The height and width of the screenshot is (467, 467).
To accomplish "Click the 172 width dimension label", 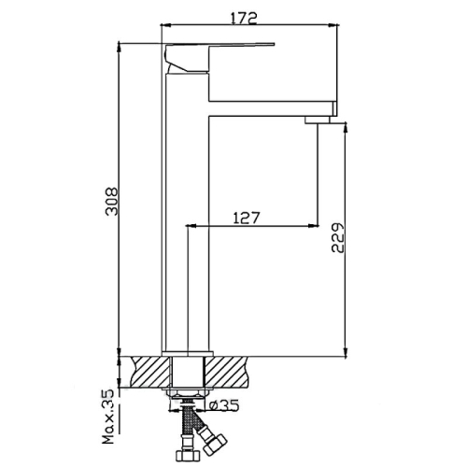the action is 244,18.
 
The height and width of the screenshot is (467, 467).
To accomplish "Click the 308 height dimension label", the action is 112,201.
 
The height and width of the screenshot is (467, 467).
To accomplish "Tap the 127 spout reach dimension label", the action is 246,218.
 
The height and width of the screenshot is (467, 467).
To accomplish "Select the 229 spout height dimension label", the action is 338,237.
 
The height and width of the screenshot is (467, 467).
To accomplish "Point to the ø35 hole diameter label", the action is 224,405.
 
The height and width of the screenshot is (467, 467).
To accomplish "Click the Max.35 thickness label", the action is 108,417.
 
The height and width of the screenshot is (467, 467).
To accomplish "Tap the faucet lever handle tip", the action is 274,44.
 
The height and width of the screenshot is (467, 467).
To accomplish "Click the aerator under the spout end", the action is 318,120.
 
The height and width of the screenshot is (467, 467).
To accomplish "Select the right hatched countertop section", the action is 227,371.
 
